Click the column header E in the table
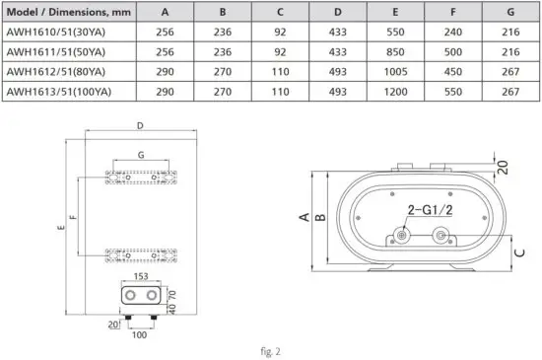coord(395,14)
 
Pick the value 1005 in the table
coord(395,73)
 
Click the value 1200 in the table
coord(395,93)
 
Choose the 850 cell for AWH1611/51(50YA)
coord(395,53)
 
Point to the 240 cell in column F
coord(452,34)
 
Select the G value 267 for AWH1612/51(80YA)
coord(509,73)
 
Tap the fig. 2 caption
coord(270,348)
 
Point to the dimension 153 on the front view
coord(141,277)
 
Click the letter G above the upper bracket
coord(141,156)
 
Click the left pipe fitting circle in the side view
coord(401,237)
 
